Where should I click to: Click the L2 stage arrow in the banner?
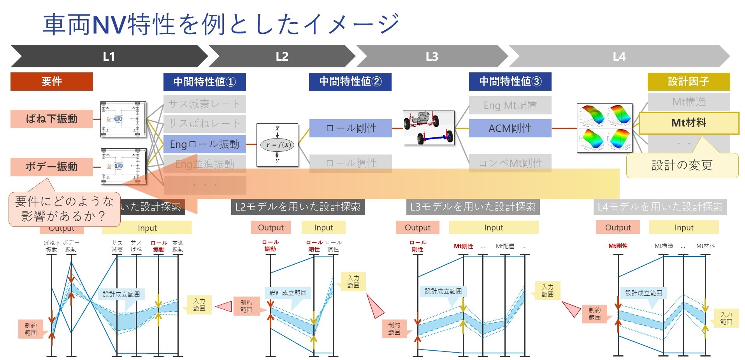point(282,57)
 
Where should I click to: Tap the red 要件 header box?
point(51,81)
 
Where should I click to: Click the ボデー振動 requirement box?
point(51,167)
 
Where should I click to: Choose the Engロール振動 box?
point(204,144)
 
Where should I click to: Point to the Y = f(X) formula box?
point(277,145)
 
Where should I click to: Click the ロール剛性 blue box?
point(350,128)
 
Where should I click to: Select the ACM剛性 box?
point(510,128)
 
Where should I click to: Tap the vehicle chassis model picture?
point(429,127)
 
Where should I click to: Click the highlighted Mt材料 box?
point(689,123)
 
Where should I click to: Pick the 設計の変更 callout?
point(682,165)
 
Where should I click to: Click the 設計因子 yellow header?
point(688,81)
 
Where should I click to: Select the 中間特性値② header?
point(350,81)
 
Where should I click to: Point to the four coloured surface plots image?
point(604,127)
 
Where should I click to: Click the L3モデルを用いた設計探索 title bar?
point(473,207)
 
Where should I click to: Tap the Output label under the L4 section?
point(618,228)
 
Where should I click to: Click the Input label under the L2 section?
point(323,228)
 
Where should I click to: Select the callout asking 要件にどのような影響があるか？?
point(64,209)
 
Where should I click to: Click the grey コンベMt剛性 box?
point(510,163)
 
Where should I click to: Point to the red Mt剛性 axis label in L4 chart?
point(618,246)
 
